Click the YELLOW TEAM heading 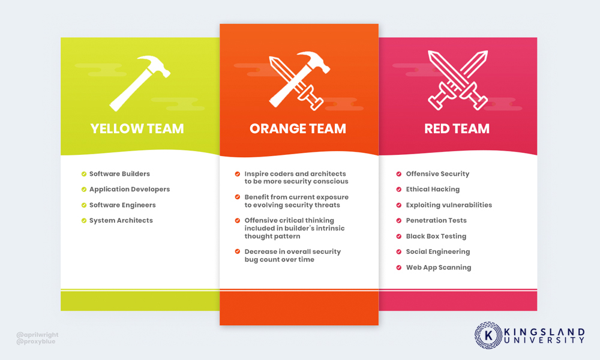pyautogui.click(x=137, y=128)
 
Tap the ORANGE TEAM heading pyautogui.click(x=298, y=128)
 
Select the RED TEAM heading pyautogui.click(x=457, y=128)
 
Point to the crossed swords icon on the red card pyautogui.click(x=458, y=80)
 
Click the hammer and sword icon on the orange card pyautogui.click(x=299, y=81)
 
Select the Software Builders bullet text pyautogui.click(x=120, y=173)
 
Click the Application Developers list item pyautogui.click(x=130, y=190)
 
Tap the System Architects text pyautogui.click(x=121, y=220)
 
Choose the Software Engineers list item pyautogui.click(x=122, y=205)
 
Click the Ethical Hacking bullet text pyautogui.click(x=433, y=190)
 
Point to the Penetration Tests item pyautogui.click(x=436, y=220)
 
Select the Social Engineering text pyautogui.click(x=438, y=252)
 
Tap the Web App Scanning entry pyautogui.click(x=439, y=268)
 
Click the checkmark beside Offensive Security pyautogui.click(x=399, y=174)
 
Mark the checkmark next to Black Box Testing pyautogui.click(x=399, y=236)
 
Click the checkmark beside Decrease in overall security pyautogui.click(x=237, y=251)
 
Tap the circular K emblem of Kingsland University pyautogui.click(x=488, y=335)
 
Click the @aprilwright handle pyautogui.click(x=37, y=335)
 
